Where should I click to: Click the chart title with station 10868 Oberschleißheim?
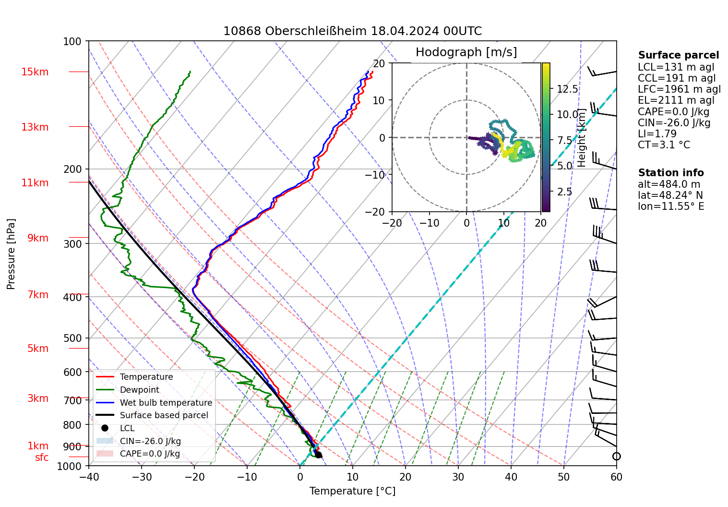point(352,31)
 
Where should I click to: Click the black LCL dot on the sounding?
point(318,455)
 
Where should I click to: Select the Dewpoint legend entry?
point(139,390)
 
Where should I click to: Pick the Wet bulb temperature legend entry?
point(166,403)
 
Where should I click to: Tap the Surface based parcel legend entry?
point(164,415)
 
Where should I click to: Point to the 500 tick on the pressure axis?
point(72,338)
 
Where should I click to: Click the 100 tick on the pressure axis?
point(72,41)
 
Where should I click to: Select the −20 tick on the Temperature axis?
point(194,477)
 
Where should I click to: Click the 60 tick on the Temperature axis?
point(616,477)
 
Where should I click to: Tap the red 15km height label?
point(35,72)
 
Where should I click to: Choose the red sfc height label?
point(42,458)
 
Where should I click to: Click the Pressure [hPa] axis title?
point(11,254)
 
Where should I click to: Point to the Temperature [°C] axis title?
point(352,491)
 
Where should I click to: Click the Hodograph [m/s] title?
point(466,52)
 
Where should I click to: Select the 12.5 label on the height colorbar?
point(567,89)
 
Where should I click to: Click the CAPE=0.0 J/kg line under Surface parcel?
point(673,112)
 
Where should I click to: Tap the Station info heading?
point(670,173)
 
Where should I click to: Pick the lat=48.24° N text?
point(670,195)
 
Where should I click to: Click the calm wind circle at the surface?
point(616,456)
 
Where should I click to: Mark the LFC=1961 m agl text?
point(679,89)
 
